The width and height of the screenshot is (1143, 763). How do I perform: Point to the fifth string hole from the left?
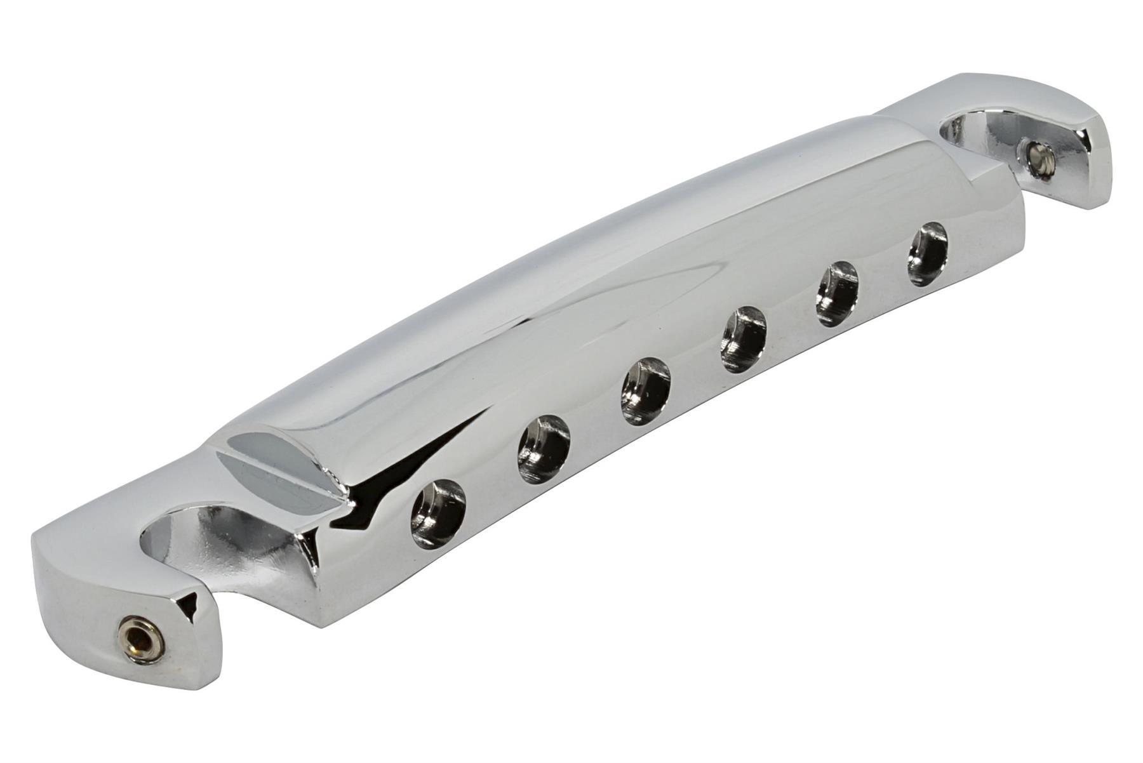pos(836,294)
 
